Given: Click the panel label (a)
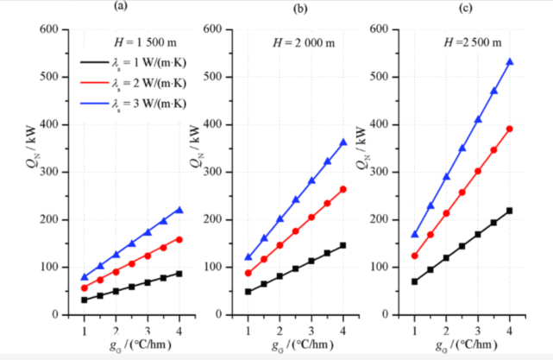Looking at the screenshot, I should click(122, 6).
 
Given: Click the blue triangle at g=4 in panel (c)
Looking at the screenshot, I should click(510, 62).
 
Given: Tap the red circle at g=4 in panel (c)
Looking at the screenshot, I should click(510, 129).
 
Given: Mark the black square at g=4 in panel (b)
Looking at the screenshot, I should click(343, 245).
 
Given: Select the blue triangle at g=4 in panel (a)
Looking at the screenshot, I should click(179, 209).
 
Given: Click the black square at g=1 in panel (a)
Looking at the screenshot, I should click(84, 300).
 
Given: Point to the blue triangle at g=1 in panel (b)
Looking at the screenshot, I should click(248, 257).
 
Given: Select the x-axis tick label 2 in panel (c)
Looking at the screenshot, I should click(446, 330).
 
